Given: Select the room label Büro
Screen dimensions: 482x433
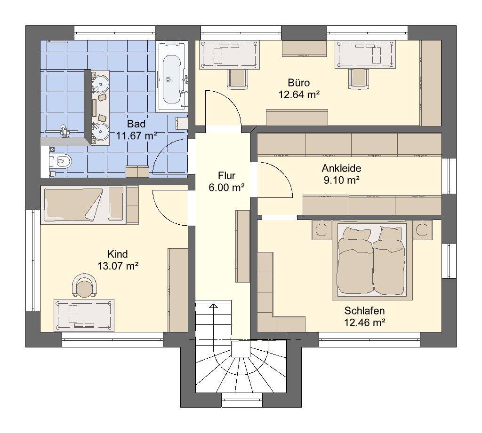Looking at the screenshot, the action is (299, 83).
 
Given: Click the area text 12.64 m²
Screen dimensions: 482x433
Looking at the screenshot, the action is (299, 94).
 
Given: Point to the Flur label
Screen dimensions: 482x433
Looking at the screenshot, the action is (226, 176).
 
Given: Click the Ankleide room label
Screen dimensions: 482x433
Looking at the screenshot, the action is (342, 168).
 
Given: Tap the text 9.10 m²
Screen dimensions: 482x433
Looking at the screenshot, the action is (342, 180).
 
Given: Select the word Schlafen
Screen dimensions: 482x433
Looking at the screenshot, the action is (364, 311).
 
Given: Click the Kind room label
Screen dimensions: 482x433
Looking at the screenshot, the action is (117, 254).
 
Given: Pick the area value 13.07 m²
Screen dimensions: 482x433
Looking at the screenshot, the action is (117, 266).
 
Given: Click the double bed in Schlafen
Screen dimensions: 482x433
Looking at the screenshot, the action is (372, 260).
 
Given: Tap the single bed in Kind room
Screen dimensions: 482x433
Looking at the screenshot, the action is (83, 205).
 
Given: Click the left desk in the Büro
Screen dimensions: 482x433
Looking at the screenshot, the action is (230, 55).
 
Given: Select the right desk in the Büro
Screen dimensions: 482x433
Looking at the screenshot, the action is (366, 55).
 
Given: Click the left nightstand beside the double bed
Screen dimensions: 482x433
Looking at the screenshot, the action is (322, 229).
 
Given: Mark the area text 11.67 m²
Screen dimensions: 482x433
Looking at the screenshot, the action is (137, 135).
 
